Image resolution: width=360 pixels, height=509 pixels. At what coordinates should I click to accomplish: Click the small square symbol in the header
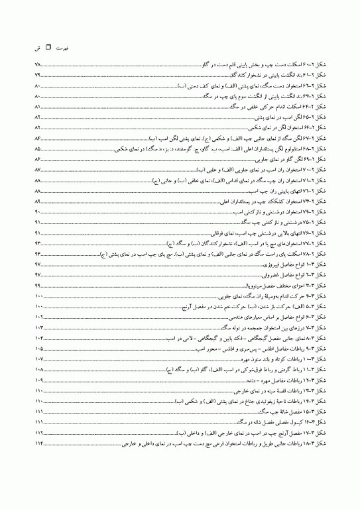(48, 48)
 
